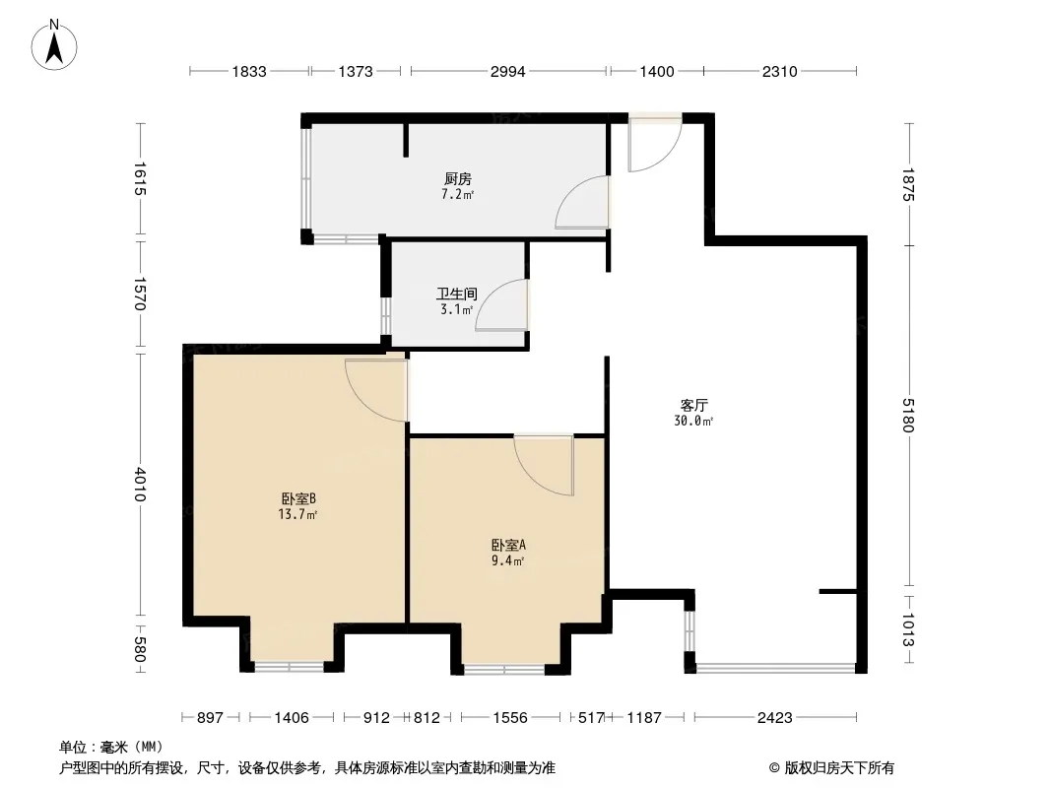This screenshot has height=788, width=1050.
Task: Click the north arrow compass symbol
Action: (54, 45)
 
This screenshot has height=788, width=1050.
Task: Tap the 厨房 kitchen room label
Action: (458, 178)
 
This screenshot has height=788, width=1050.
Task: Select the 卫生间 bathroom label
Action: (457, 294)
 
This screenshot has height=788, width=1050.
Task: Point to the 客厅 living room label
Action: (693, 405)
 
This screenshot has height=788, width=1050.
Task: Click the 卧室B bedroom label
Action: (298, 498)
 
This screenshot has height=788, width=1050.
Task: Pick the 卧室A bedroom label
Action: (508, 545)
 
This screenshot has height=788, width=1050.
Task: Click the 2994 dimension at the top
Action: (507, 72)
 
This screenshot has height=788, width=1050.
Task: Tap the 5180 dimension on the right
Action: (908, 415)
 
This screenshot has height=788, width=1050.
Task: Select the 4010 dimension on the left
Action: (140, 484)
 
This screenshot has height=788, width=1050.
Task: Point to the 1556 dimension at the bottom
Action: (510, 718)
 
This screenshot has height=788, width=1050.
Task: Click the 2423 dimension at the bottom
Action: (775, 718)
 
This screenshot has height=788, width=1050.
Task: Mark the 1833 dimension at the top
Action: (249, 72)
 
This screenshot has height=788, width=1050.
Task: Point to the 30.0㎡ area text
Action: (693, 422)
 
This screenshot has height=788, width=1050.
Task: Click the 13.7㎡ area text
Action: (297, 515)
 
